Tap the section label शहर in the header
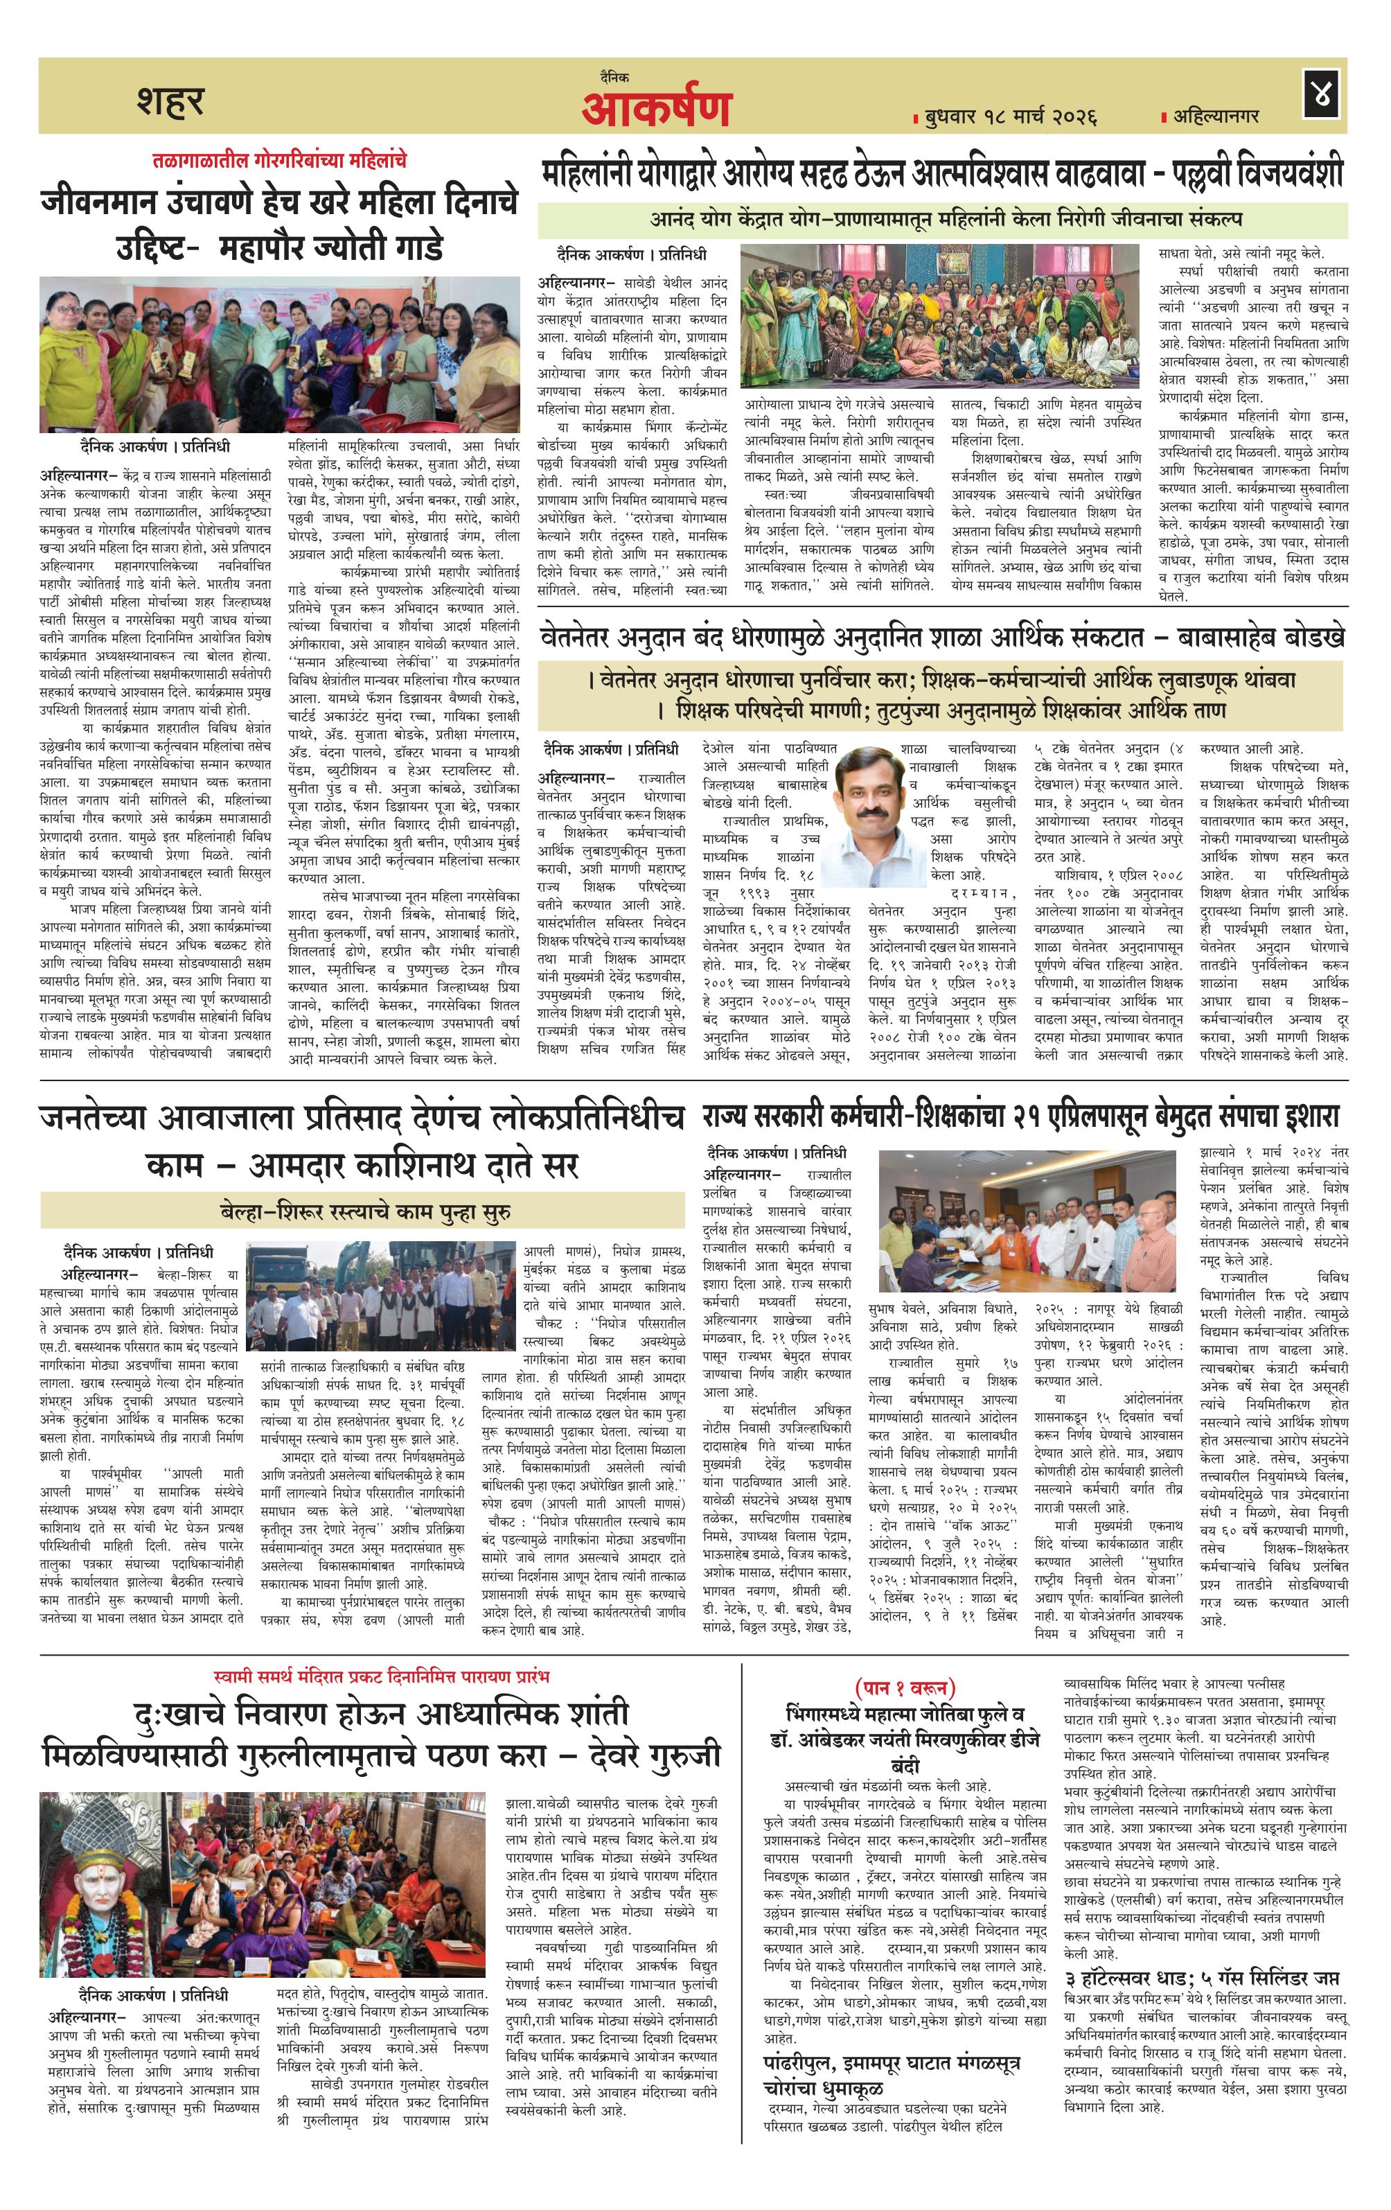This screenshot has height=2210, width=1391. click(170, 101)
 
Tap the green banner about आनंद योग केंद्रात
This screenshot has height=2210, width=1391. click(941, 220)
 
